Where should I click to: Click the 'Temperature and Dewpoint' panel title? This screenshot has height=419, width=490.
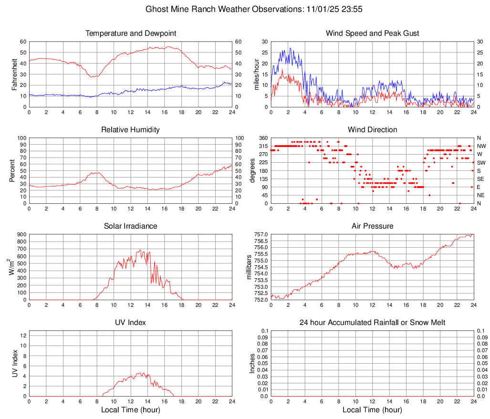click(x=131, y=33)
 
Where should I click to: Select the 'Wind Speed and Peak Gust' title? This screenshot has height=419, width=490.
click(x=372, y=33)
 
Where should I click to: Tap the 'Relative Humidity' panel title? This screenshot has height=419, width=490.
click(x=131, y=130)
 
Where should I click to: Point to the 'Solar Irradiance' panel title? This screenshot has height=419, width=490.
click(x=131, y=226)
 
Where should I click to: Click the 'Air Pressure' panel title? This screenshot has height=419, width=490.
click(x=372, y=226)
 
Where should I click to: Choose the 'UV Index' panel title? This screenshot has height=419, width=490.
click(x=131, y=323)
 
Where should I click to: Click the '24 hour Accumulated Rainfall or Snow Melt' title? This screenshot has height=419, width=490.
click(x=372, y=323)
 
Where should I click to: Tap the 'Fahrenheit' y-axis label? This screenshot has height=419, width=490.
click(x=14, y=74)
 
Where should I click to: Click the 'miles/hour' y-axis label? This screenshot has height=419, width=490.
click(x=256, y=74)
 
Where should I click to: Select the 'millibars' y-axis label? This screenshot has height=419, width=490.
click(x=249, y=267)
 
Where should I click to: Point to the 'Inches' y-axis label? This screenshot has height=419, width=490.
click(x=252, y=363)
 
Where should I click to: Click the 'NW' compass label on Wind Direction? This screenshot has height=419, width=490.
click(x=481, y=146)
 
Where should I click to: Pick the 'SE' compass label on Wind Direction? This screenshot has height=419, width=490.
click(x=480, y=179)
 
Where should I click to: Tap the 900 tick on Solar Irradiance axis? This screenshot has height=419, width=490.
click(x=21, y=235)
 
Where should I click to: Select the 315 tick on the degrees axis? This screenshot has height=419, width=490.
click(x=263, y=146)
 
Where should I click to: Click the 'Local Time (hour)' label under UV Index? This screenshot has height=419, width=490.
click(x=131, y=410)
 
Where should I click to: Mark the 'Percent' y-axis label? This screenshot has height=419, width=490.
click(x=12, y=170)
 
